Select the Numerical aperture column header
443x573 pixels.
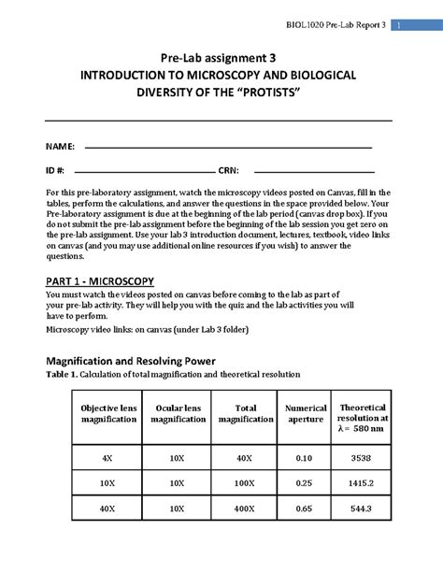click(x=306, y=413)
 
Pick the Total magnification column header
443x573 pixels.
click(x=245, y=413)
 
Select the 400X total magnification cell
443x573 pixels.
click(x=245, y=509)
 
